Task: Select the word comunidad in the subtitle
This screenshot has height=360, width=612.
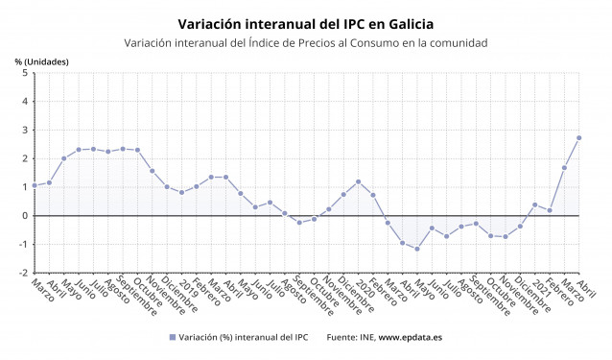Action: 453,43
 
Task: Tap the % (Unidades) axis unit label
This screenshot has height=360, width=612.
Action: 41,61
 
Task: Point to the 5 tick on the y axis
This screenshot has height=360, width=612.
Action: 24,73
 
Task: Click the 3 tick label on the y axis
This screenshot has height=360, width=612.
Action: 24,130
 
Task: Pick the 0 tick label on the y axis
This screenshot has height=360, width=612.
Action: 24,216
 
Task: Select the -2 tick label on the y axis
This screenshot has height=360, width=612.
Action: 22,273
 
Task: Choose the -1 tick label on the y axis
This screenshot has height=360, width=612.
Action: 22,244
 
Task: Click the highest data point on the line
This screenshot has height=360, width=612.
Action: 578,137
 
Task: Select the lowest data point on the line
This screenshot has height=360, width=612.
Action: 416,249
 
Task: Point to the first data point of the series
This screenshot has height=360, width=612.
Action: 35,185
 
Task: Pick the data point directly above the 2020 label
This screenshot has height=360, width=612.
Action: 358,181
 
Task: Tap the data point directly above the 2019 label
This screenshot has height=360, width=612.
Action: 181,192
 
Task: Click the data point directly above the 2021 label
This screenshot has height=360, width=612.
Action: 534,204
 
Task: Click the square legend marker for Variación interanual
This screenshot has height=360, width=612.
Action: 173,337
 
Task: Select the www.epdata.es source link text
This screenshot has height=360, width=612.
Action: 410,337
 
